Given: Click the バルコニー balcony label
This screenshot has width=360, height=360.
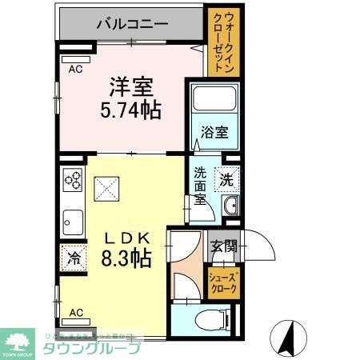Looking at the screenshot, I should coord(132,23).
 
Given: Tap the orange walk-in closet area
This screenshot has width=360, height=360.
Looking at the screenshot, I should coord(218,42).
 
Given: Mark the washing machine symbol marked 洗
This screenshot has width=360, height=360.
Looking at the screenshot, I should coord(229,179).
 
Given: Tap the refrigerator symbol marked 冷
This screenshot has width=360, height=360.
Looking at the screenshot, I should coord(74,258).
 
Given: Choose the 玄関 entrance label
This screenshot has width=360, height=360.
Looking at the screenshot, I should coord(223,246).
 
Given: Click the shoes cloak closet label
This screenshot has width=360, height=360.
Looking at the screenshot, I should coord(223,282).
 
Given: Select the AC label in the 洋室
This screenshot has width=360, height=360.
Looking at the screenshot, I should coord(75,70).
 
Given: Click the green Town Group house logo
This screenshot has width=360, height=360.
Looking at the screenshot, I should coord(19,341).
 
